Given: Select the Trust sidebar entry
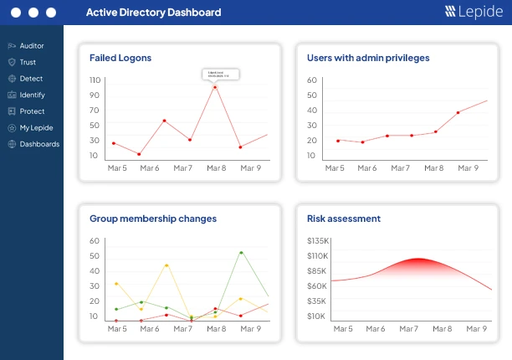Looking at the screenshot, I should (x=27, y=62).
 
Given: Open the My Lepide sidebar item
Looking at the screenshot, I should (x=35, y=127).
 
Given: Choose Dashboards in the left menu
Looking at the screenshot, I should (x=38, y=144).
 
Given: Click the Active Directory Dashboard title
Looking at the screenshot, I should (x=153, y=13).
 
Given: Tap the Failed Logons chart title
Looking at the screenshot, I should (x=120, y=58).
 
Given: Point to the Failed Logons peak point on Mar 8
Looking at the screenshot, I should (x=215, y=86).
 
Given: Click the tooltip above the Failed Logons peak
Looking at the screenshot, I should (x=221, y=75).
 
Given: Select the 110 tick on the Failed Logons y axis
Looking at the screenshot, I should (x=95, y=80).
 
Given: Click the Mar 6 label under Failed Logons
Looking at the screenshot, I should (x=150, y=167).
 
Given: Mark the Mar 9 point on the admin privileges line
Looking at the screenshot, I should (x=458, y=112).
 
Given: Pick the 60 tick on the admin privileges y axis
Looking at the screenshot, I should (x=312, y=80).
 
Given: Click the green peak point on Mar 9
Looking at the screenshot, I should (x=242, y=252).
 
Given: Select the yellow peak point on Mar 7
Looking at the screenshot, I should (x=166, y=265).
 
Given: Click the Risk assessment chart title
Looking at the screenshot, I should (x=344, y=219).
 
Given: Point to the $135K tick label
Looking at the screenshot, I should (x=316, y=241).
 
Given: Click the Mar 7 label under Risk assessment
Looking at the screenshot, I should (x=409, y=329).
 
